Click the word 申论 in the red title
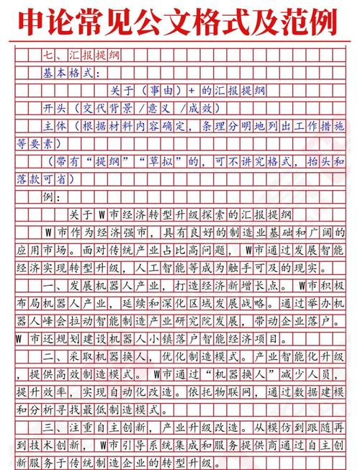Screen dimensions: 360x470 (45, 23)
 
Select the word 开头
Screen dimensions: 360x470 (55, 109)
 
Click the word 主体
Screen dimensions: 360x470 (55, 127)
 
